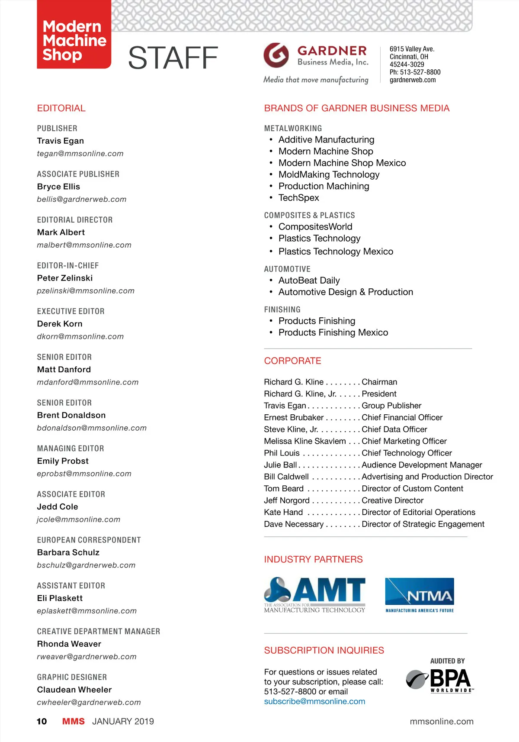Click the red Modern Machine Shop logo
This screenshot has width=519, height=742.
coord(74,35)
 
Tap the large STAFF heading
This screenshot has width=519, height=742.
coord(173,58)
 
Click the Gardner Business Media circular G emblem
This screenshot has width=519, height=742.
coord(276,55)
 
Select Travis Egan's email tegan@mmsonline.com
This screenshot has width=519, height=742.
coord(80,154)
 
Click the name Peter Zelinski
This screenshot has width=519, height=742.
coord(65,278)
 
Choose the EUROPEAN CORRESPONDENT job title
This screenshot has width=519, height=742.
coord(89,540)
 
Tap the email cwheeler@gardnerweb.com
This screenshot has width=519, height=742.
coord(89,702)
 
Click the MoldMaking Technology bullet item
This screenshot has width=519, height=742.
coord(329,174)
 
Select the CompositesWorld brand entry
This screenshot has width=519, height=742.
coord(315,227)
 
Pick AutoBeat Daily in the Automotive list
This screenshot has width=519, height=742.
coord(309,281)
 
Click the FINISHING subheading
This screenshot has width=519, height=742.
coord(282,310)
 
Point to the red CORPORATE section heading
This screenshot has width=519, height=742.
coord(292,361)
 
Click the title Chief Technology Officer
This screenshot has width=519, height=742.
coord(407,453)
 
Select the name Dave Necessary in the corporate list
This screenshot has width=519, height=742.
coord(294,524)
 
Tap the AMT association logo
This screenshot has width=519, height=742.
coord(314,595)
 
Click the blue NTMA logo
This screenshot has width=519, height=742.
coord(419,595)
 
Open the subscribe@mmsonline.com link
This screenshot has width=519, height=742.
coord(314,701)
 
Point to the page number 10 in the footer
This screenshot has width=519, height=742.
coord(42,721)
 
